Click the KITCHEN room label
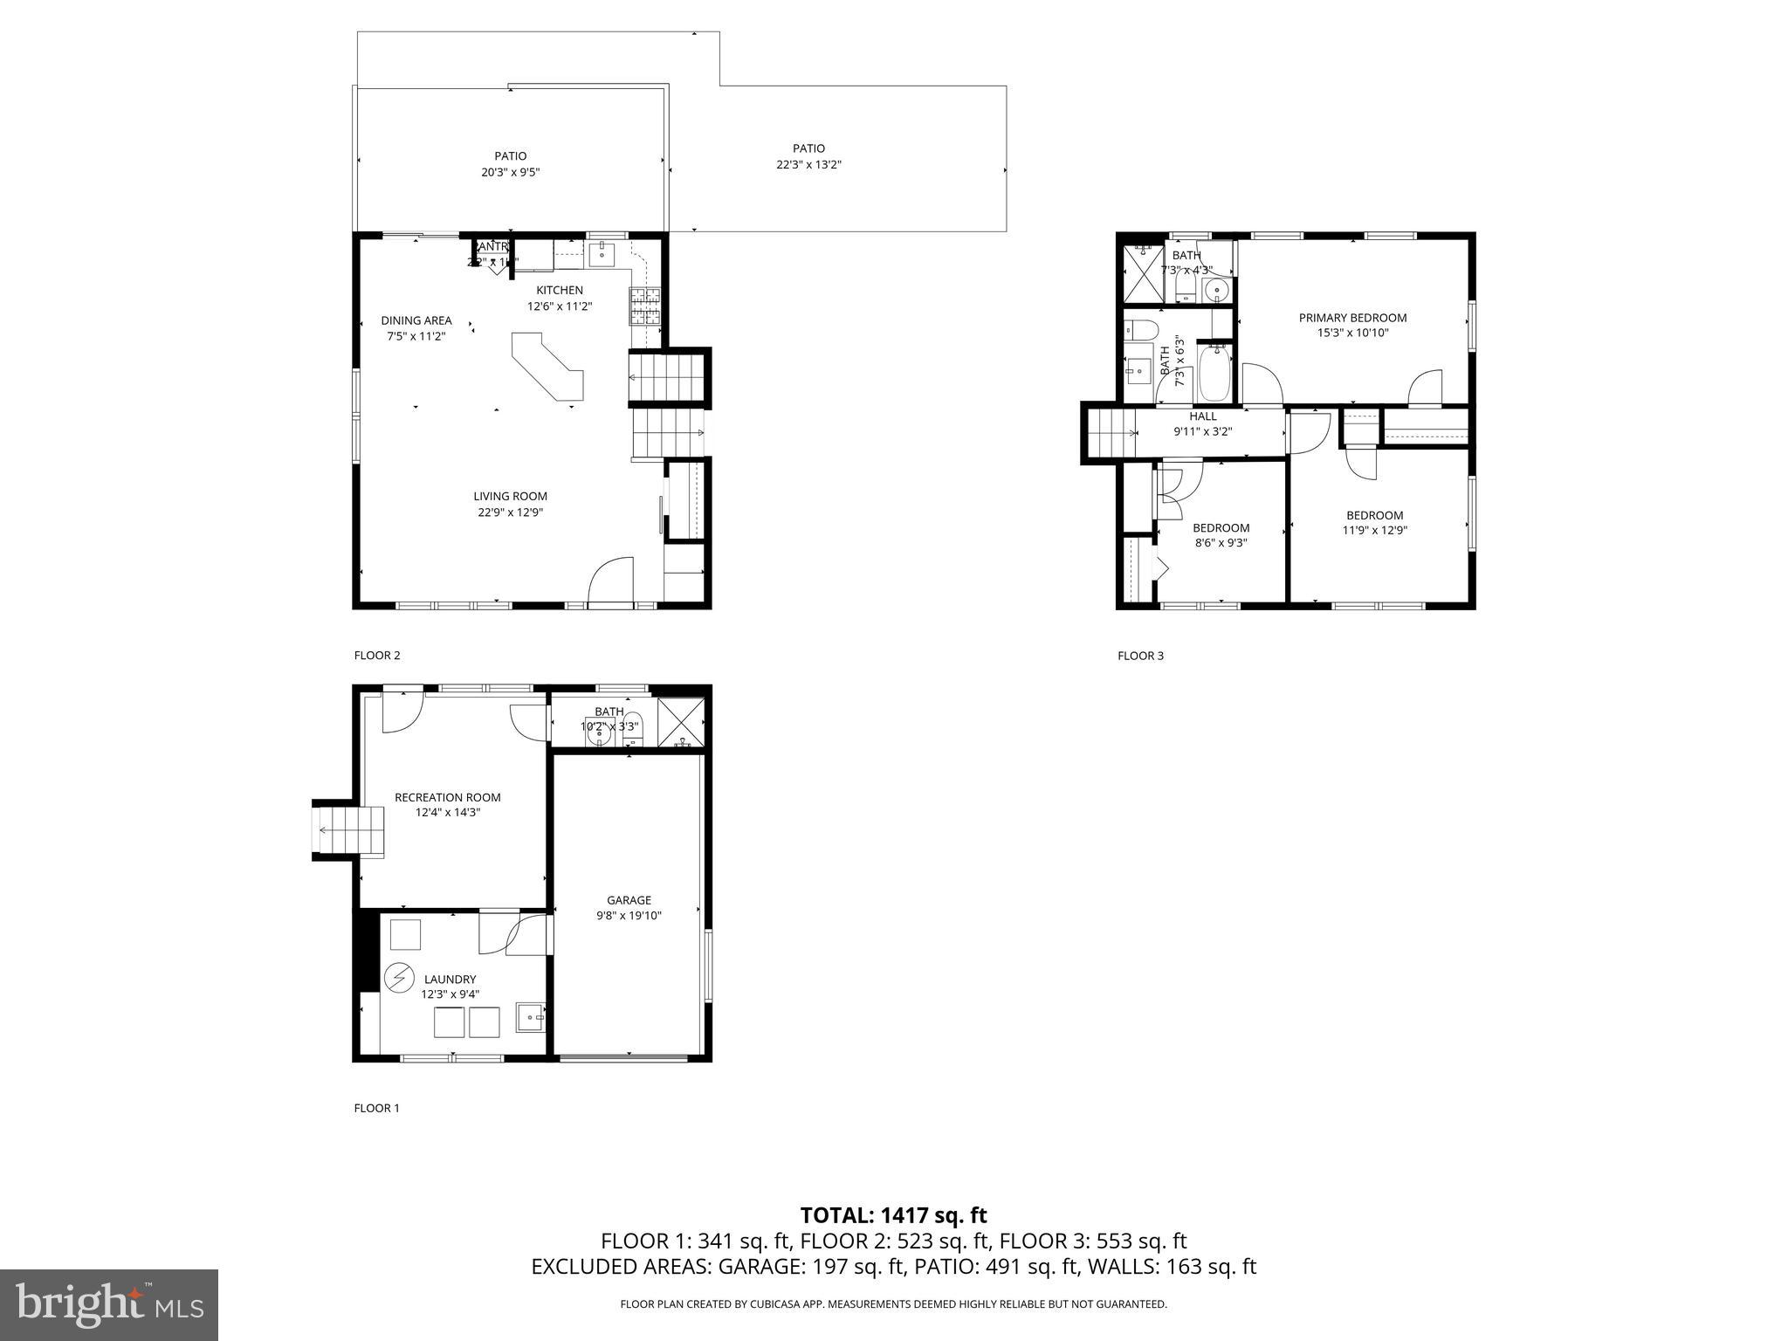click(559, 290)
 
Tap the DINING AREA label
click(416, 320)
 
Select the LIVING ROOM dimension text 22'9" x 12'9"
click(510, 512)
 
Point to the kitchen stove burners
click(645, 306)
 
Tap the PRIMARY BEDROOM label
click(1352, 318)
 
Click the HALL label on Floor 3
click(1202, 416)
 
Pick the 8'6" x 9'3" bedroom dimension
click(1221, 542)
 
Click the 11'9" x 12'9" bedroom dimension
click(1374, 530)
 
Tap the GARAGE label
click(629, 900)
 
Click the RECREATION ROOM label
click(447, 797)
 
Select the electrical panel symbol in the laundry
click(399, 977)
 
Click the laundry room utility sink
click(530, 1017)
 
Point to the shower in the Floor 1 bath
click(680, 721)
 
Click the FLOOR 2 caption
click(376, 656)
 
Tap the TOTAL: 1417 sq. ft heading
click(893, 1215)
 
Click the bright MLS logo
click(109, 1304)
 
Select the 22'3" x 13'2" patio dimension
click(808, 164)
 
